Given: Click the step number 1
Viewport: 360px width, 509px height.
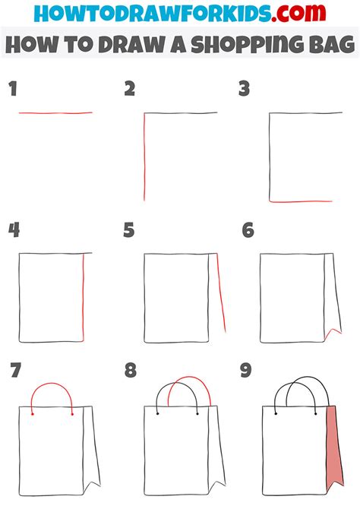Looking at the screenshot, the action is tap(13, 89).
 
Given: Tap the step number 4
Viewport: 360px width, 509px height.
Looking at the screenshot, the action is tap(14, 230).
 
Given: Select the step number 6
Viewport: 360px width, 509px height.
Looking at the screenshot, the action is tap(248, 230).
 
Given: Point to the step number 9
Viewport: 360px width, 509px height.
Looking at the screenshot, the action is tap(246, 371).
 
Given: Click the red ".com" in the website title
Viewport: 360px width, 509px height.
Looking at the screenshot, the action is tap(298, 13).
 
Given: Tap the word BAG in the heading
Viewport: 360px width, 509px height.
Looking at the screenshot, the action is tap(331, 44).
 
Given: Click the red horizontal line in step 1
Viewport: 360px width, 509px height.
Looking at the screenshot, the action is tap(55, 113).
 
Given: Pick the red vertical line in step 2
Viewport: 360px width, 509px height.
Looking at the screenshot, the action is tap(144, 156).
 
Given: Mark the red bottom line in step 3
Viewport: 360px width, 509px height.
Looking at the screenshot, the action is tap(301, 201).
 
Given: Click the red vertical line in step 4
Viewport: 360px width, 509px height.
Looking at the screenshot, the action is tap(83, 297).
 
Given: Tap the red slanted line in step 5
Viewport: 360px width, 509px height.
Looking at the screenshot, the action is tap(221, 293).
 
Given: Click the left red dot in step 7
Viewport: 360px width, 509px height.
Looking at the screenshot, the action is tap(33, 414).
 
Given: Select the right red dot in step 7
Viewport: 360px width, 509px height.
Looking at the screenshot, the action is tap(72, 414).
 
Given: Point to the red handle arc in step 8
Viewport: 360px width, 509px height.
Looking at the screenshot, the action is tap(190, 378).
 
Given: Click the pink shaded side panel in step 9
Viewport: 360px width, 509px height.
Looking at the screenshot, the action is tap(334, 448).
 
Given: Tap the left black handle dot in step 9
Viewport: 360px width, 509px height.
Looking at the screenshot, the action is tap(276, 413).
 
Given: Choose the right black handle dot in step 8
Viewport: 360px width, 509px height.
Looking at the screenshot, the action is tap(197, 413).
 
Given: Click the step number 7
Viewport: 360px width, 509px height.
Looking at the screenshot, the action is tap(16, 371).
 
